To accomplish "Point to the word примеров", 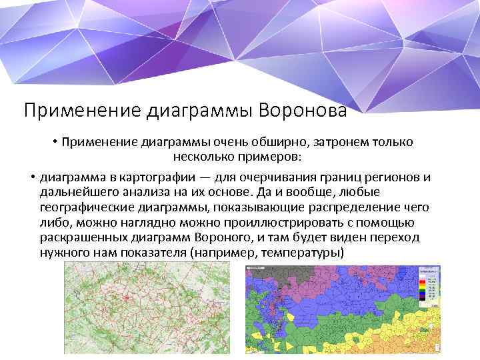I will click(270, 158).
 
